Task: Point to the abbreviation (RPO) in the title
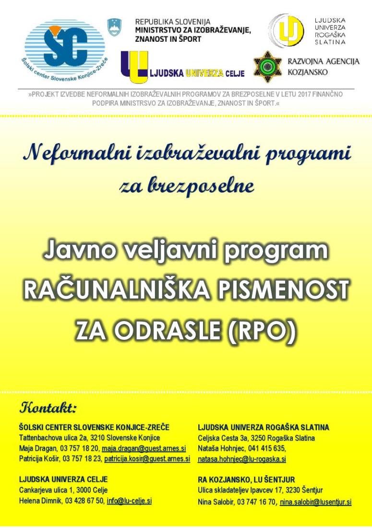263,330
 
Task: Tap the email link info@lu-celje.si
129,501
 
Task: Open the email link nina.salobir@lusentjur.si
315,502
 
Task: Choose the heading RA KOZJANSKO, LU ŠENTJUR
246,480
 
